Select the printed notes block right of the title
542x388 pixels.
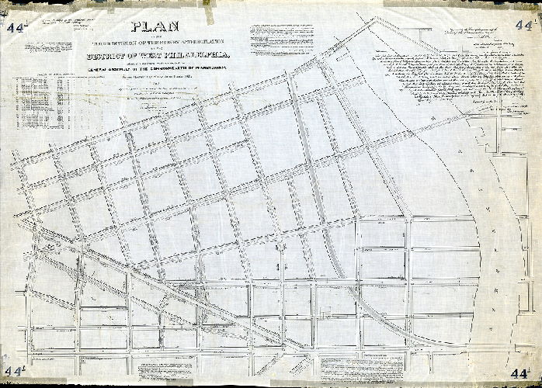tap(283, 39)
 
